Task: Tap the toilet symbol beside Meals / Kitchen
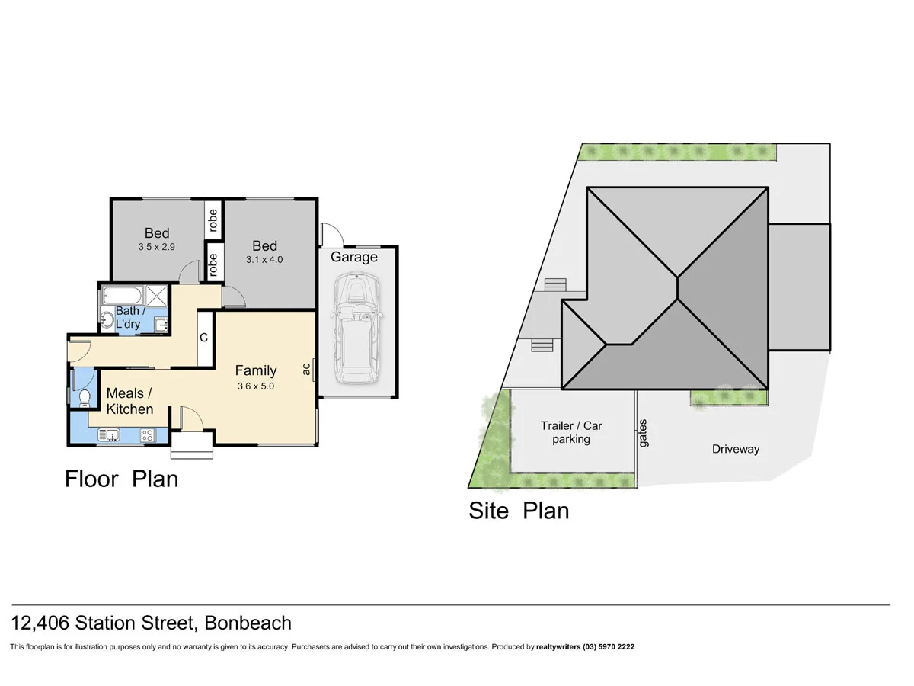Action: pyautogui.click(x=85, y=398)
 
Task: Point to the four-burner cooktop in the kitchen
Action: pyautogui.click(x=149, y=435)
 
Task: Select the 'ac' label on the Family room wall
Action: pyautogui.click(x=306, y=369)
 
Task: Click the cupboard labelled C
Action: pyautogui.click(x=204, y=337)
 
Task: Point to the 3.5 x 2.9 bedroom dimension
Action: pyautogui.click(x=157, y=247)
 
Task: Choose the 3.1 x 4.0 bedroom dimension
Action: pyautogui.click(x=264, y=260)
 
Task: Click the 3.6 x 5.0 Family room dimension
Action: pyautogui.click(x=255, y=386)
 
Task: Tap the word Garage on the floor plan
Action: pyautogui.click(x=353, y=257)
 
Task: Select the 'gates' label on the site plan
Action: pyautogui.click(x=644, y=433)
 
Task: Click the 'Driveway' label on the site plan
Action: pyautogui.click(x=735, y=449)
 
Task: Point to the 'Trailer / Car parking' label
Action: pyautogui.click(x=570, y=432)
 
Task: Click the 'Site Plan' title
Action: pyautogui.click(x=518, y=510)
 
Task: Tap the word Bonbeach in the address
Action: pyautogui.click(x=248, y=623)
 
